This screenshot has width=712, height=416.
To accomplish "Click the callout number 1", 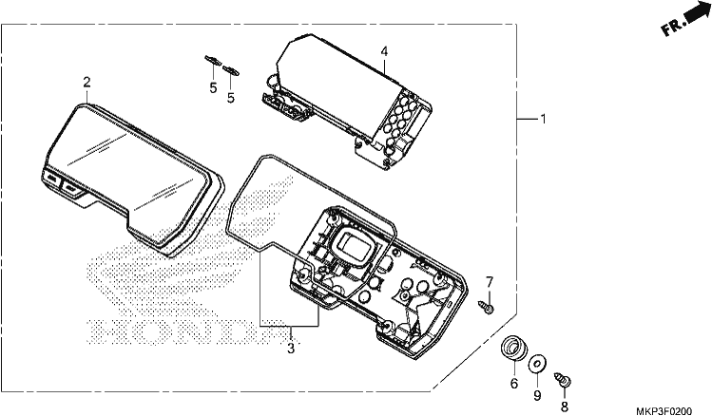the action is click(543, 120).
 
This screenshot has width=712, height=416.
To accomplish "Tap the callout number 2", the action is click(87, 83).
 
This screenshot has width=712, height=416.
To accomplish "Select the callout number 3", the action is click(291, 349).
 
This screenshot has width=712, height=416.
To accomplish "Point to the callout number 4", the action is click(384, 51).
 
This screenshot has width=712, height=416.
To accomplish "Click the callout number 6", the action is click(514, 384).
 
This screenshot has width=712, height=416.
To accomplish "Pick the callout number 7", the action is click(489, 282).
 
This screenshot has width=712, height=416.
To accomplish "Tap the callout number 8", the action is click(565, 407).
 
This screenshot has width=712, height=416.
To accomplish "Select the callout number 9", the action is click(537, 396).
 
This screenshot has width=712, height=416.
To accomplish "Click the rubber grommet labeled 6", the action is click(514, 349).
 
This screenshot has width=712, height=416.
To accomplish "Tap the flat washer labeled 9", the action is click(537, 364).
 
